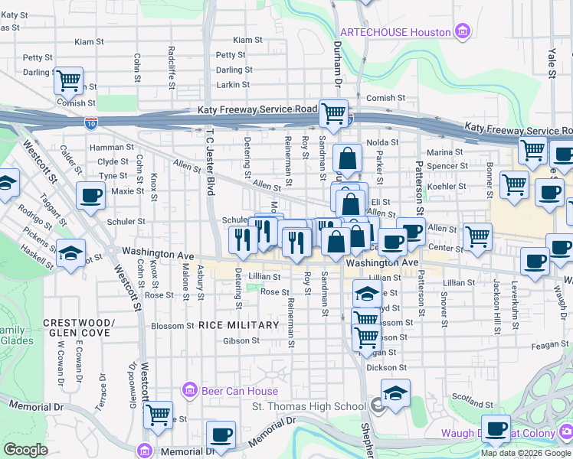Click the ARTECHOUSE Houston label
pyautogui.click(x=395, y=31)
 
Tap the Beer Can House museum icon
pyautogui.click(x=190, y=391)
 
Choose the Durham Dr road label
pyautogui.click(x=336, y=61)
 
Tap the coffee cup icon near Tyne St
pyautogui.click(x=91, y=195)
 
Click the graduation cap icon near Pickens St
pyautogui.click(x=70, y=253)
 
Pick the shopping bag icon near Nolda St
pyautogui.click(x=347, y=159)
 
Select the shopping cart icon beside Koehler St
pyautogui.click(x=514, y=184)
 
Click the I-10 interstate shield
pyautogui.click(x=92, y=122)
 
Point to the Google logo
pyautogui.click(x=25, y=450)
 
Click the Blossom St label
pyautogui.click(x=172, y=325)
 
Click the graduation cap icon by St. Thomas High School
pyautogui.click(x=395, y=393)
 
